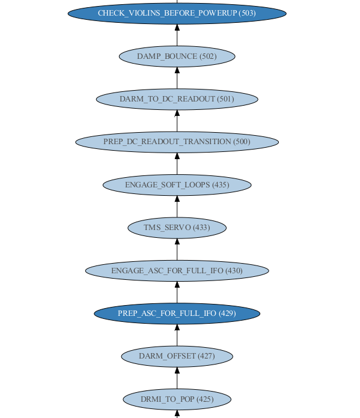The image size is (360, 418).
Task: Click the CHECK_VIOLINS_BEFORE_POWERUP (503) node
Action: tap(177, 13)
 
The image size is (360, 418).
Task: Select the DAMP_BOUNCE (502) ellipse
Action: tap(177, 56)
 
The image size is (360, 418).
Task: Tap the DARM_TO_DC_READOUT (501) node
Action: tap(177, 99)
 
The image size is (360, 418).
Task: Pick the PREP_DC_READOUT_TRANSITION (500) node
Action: tap(177, 142)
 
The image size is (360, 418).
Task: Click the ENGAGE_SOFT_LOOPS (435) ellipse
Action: tap(177, 185)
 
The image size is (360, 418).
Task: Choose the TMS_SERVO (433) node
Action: tap(177, 228)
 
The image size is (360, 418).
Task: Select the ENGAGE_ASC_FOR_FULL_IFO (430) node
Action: tap(177, 271)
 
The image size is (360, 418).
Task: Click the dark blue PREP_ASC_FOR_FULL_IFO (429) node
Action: tap(177, 313)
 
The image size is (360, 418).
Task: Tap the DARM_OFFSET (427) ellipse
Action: tap(177, 356)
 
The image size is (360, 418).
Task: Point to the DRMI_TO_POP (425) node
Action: tap(177, 399)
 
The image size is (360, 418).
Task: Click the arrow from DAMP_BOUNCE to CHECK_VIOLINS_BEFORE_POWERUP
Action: tap(177, 35)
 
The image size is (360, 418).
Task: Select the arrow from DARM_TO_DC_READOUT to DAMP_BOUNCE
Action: tap(177, 78)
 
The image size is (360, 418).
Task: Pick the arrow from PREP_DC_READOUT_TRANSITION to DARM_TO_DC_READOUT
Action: tap(177, 121)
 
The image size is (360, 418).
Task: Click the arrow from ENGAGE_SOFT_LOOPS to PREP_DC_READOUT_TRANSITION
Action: tap(177, 163)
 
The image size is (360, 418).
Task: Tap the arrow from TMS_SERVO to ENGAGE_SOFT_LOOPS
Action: tap(177, 207)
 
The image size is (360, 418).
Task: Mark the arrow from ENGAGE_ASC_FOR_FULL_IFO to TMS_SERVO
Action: tap(177, 249)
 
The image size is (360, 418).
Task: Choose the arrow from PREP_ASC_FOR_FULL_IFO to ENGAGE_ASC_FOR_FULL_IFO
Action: tap(177, 292)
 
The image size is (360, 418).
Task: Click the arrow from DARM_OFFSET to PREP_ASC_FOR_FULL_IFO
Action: tap(177, 335)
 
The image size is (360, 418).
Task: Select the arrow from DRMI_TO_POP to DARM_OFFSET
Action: tap(177, 378)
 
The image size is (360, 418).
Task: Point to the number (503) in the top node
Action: tap(248, 13)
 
